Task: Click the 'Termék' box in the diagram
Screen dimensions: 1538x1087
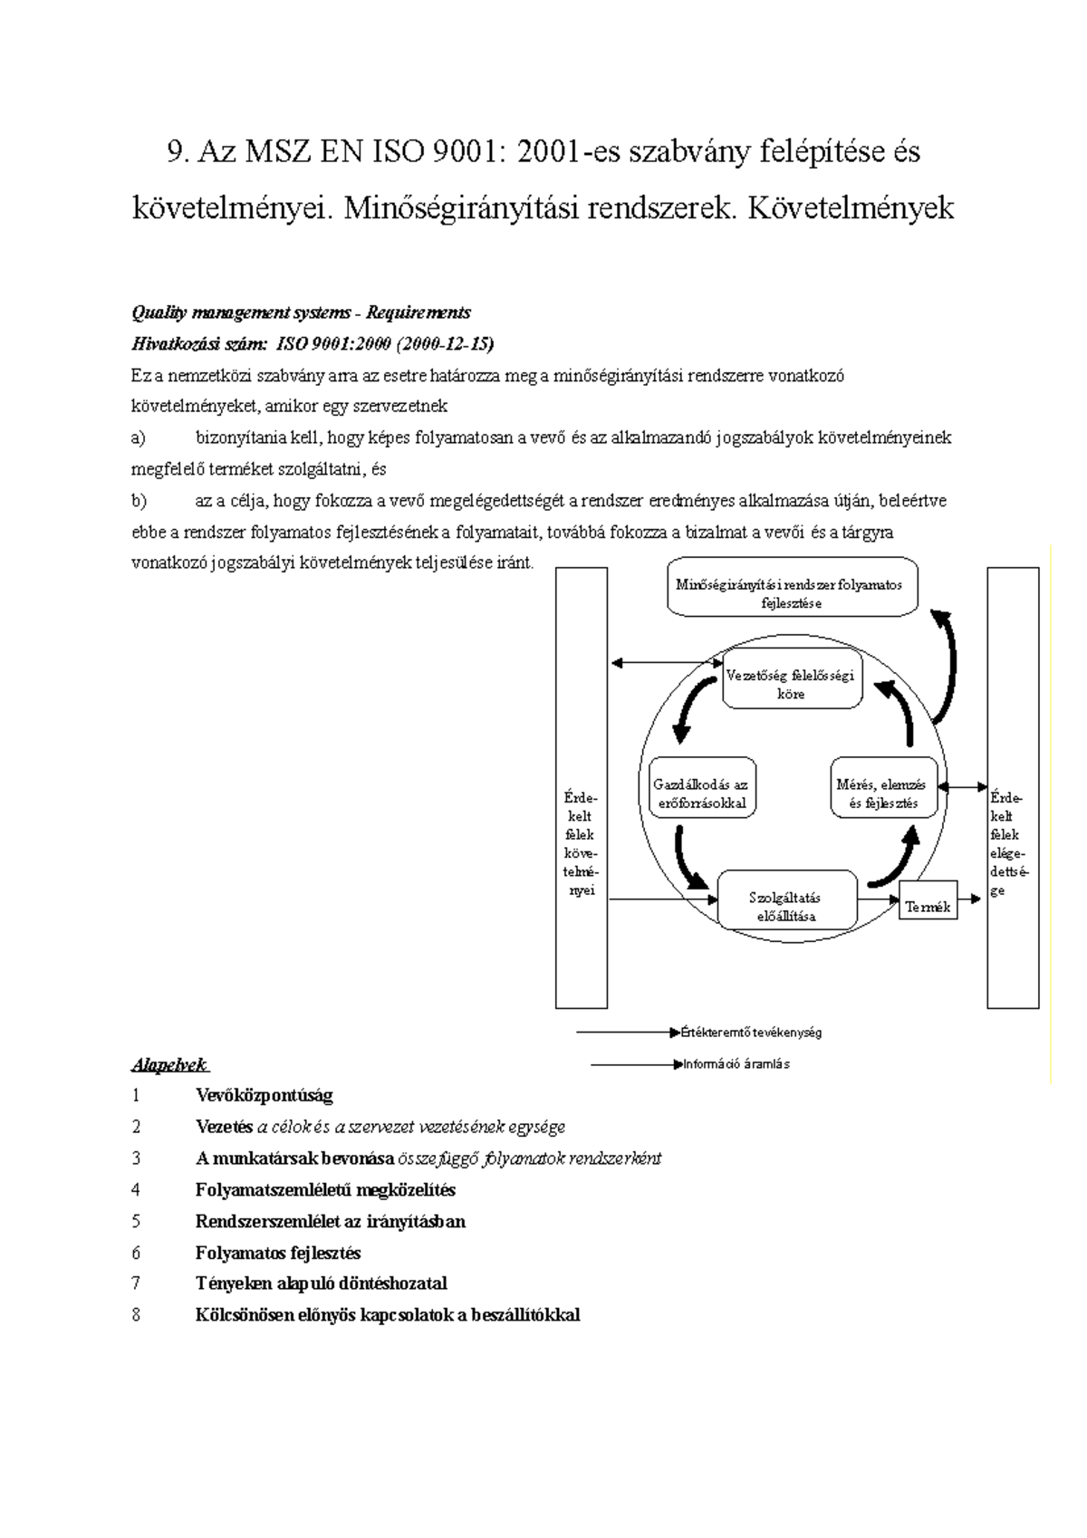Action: pyautogui.click(x=928, y=907)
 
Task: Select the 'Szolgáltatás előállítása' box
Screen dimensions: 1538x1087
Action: pyautogui.click(x=786, y=907)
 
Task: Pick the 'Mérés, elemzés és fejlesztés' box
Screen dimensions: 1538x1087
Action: pyautogui.click(x=882, y=793)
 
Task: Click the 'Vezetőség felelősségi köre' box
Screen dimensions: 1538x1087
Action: pyautogui.click(x=791, y=685)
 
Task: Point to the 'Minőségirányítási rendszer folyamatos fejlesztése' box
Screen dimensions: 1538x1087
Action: pyautogui.click(x=793, y=593)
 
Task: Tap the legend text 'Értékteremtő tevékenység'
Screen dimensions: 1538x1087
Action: pyautogui.click(x=751, y=1032)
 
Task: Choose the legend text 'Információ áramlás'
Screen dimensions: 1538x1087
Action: pyautogui.click(x=736, y=1064)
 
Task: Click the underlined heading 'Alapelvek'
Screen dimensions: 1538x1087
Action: pyautogui.click(x=169, y=1064)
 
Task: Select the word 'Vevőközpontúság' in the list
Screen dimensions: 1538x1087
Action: pyautogui.click(x=264, y=1095)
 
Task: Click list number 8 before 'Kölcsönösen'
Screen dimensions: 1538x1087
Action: pyautogui.click(x=137, y=1314)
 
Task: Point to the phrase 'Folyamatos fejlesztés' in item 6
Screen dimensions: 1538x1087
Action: pyautogui.click(x=278, y=1253)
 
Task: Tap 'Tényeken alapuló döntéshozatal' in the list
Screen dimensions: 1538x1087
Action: pyautogui.click(x=321, y=1283)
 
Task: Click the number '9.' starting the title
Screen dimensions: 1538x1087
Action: pyautogui.click(x=179, y=151)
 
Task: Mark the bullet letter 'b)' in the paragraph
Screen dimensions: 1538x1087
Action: pyautogui.click(x=139, y=500)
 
